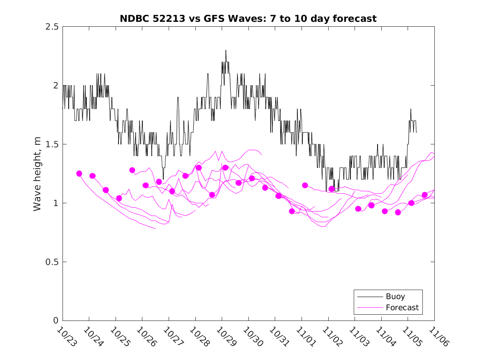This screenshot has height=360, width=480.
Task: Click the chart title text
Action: [x=248, y=19]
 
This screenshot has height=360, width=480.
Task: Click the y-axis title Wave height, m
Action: [x=37, y=173]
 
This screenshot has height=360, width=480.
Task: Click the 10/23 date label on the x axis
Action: [x=67, y=337]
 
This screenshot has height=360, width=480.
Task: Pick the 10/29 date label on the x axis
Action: [x=226, y=337]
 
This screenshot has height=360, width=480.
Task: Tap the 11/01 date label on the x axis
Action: [x=306, y=337]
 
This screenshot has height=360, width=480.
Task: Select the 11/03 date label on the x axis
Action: [x=359, y=337]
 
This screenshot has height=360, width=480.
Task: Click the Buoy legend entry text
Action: [x=395, y=297]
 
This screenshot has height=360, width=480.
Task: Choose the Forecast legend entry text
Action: [x=402, y=307]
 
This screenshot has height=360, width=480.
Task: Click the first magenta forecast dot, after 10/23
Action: [x=79, y=174]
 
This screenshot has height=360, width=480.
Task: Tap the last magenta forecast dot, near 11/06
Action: [x=424, y=195]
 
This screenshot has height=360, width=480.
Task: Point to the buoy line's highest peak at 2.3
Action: [x=226, y=51]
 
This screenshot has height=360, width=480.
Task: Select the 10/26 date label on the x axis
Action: [x=146, y=337]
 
